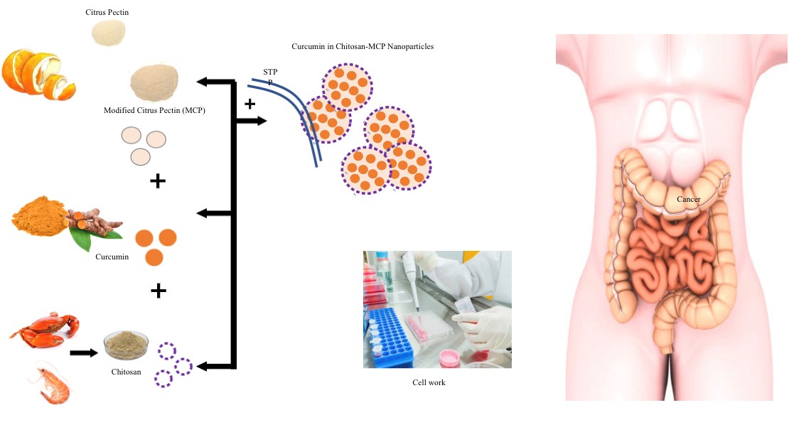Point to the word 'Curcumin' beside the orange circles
click(112, 257)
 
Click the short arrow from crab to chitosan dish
click(83, 352)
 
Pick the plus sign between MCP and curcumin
click(158, 181)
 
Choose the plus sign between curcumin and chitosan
click(158, 290)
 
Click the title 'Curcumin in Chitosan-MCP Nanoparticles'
click(363, 46)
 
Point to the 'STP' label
click(270, 72)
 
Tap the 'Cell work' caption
click(429, 382)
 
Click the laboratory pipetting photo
click(437, 309)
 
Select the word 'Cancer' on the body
click(688, 200)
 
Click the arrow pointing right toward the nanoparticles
click(252, 122)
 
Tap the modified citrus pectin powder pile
click(156, 84)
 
